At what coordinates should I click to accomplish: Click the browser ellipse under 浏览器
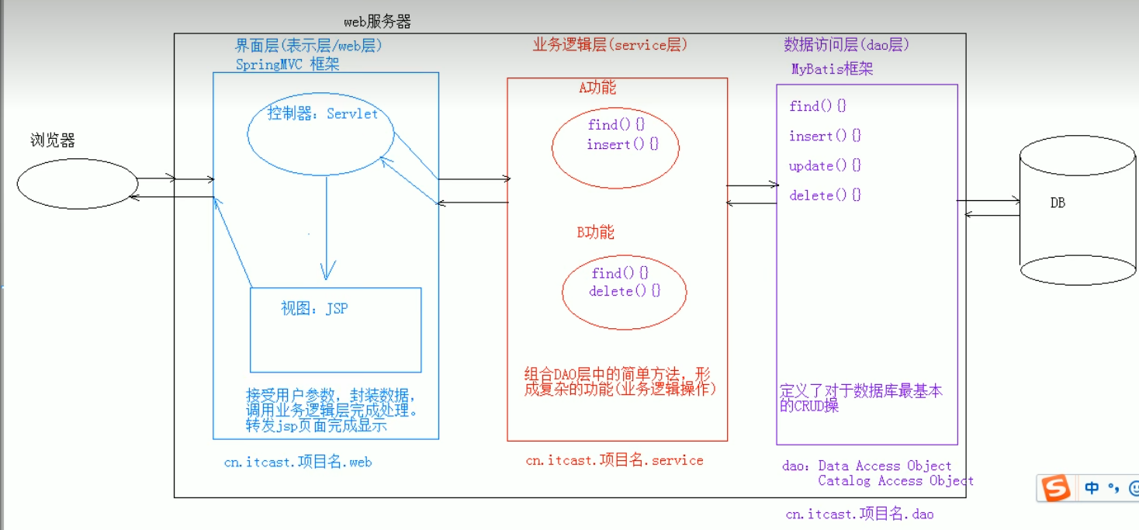tap(77, 185)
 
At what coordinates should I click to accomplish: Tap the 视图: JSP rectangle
tap(335, 330)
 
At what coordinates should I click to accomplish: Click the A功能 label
tap(597, 88)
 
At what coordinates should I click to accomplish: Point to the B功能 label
tap(595, 232)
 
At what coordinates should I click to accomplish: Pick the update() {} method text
tap(825, 166)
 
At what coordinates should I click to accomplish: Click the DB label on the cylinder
tap(1058, 203)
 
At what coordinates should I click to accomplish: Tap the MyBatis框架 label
tap(832, 69)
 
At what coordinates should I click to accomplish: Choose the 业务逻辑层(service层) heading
tap(610, 45)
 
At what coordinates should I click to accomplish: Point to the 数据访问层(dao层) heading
tap(846, 45)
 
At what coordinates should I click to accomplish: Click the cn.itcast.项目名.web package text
tap(298, 462)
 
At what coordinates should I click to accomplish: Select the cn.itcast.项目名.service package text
tap(615, 460)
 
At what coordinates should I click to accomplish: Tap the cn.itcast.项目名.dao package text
tap(860, 514)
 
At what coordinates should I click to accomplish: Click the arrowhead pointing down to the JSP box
tap(327, 272)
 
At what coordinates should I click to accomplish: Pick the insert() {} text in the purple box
tap(825, 137)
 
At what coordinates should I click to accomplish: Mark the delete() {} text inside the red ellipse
tap(625, 292)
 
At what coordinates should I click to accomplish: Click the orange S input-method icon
tap(1055, 488)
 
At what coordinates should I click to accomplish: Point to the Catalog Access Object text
tap(895, 481)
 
